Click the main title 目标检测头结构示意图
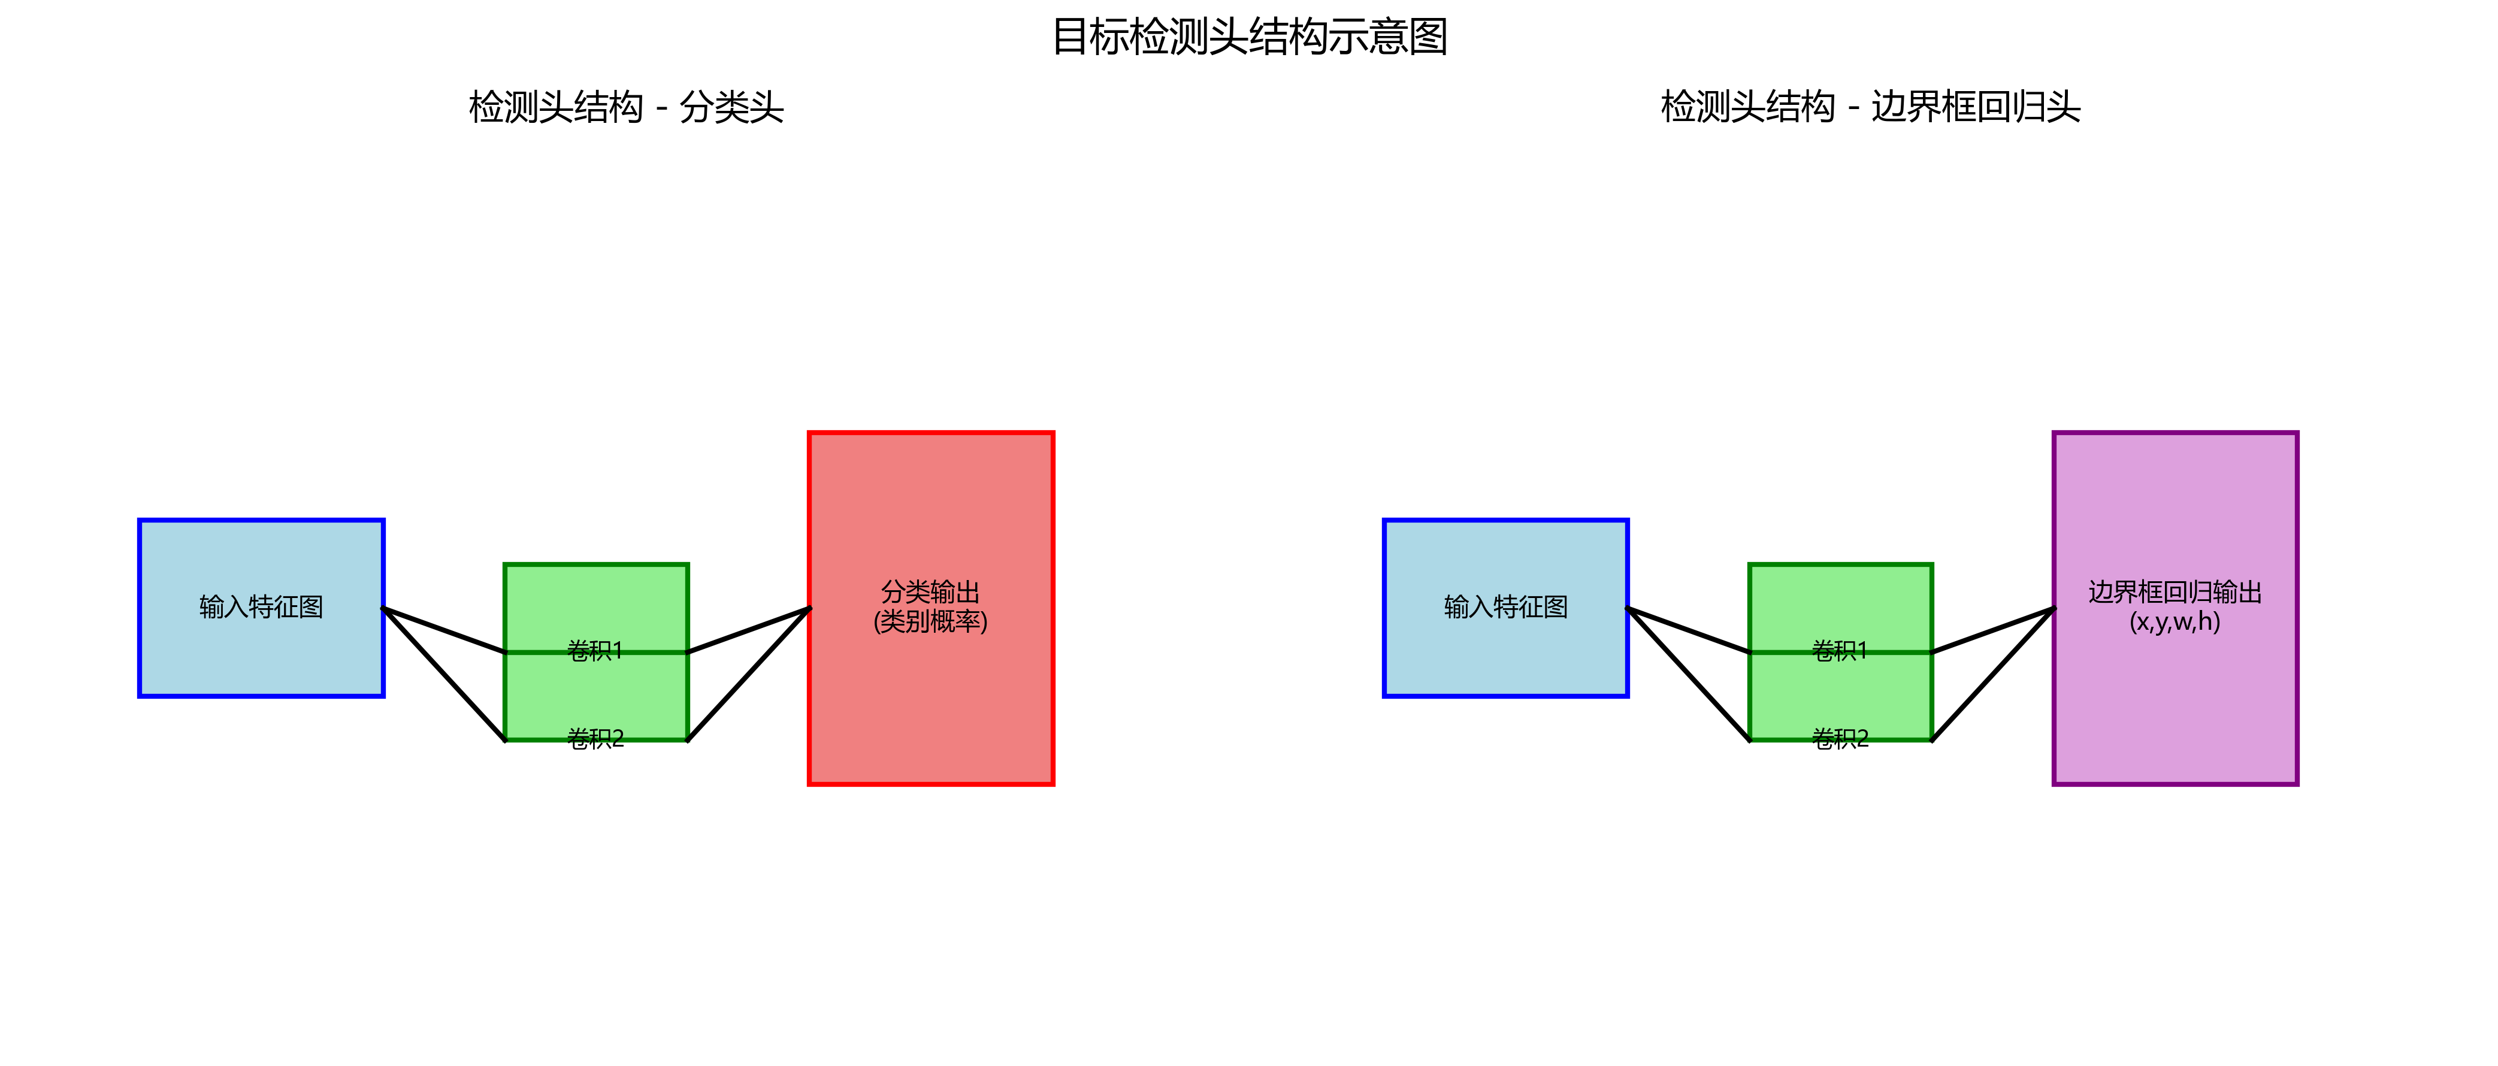[x=1249, y=37]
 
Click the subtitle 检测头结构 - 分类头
[x=625, y=107]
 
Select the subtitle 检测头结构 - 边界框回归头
[x=1870, y=107]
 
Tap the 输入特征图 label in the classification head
[x=261, y=607]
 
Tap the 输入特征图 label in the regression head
[x=1505, y=607]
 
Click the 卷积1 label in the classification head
[x=595, y=651]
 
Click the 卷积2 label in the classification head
[x=595, y=739]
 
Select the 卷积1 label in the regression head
[x=1840, y=651]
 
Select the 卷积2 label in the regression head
[x=1840, y=739]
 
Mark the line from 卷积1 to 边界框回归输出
[x=1993, y=630]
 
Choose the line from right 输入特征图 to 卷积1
[x=1688, y=630]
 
